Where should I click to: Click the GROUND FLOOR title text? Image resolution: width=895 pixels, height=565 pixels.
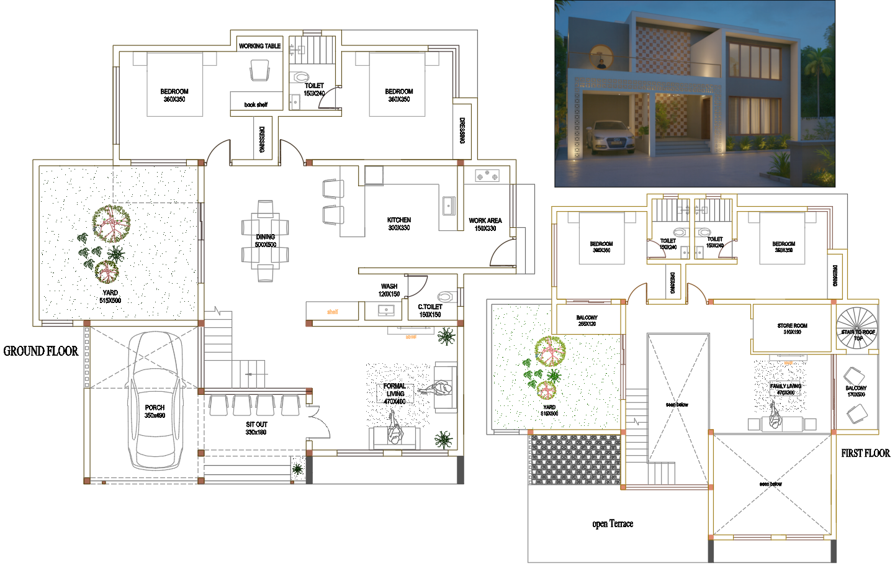(x=41, y=351)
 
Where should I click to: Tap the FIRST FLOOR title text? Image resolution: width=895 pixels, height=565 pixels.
(x=865, y=453)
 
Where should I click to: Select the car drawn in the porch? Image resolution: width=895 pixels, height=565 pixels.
(x=155, y=400)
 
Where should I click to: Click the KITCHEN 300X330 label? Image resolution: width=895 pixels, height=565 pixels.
(x=399, y=224)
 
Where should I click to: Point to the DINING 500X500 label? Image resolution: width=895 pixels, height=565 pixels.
(x=265, y=240)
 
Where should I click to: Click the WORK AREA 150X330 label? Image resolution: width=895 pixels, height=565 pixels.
(x=485, y=224)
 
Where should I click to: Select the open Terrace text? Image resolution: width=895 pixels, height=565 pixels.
(x=613, y=524)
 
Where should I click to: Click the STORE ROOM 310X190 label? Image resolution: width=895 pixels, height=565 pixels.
(x=792, y=328)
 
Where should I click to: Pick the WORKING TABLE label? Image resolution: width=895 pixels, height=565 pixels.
(x=259, y=46)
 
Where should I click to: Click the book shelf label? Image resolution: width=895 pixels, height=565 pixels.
(x=256, y=105)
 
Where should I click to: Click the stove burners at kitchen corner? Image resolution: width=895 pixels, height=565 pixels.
(x=487, y=176)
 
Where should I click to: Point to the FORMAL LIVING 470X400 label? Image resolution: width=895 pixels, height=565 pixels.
(x=395, y=394)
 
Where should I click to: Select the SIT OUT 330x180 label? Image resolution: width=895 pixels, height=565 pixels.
(x=256, y=428)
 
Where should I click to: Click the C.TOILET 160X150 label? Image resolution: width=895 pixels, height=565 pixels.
(x=430, y=310)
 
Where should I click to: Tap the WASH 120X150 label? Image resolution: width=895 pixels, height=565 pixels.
(x=389, y=290)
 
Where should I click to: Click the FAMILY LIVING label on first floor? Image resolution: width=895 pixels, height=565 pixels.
(x=786, y=389)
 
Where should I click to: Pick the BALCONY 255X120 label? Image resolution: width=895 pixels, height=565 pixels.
(x=587, y=320)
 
